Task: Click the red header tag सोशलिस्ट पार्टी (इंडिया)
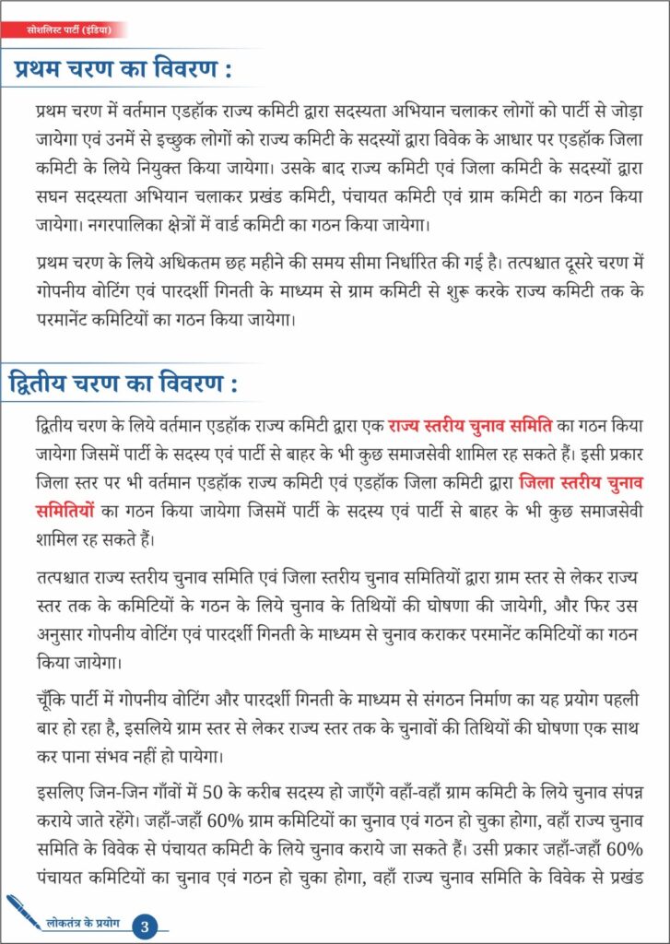click(x=70, y=30)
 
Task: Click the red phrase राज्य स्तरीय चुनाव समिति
click(x=470, y=427)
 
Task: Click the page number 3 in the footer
click(x=145, y=925)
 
